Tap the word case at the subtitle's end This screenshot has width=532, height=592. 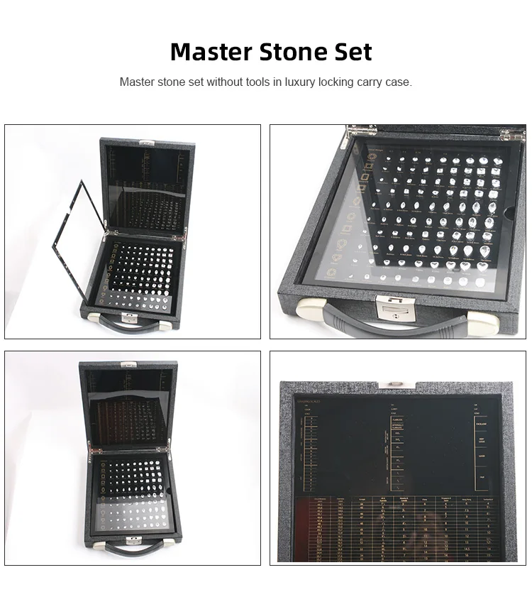point(399,82)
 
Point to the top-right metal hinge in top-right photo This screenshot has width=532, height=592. point(512,132)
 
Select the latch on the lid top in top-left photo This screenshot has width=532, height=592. point(145,141)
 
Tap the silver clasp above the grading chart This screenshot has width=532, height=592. point(391,385)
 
